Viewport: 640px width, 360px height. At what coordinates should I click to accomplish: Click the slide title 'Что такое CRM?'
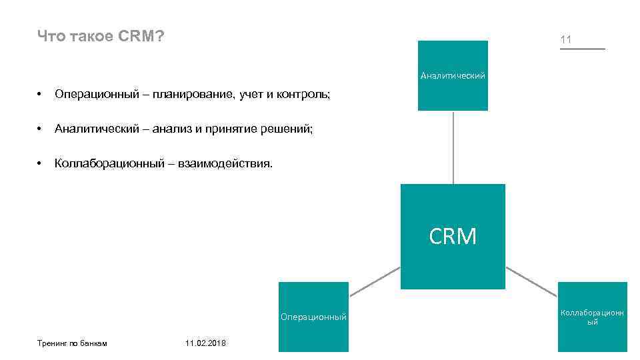(101, 36)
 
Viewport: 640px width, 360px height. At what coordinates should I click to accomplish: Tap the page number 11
(566, 40)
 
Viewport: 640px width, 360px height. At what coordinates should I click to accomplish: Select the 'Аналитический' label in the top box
(453, 76)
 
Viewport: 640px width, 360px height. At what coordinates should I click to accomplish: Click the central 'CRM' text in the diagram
(453, 237)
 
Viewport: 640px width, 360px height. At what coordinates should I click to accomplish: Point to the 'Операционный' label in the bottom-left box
(313, 317)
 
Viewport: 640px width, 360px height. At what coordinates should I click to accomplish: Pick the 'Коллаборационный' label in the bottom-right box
(592, 317)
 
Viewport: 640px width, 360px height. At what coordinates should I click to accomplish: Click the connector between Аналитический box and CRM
(453, 147)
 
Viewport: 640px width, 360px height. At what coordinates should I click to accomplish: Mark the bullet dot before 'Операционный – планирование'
(41, 95)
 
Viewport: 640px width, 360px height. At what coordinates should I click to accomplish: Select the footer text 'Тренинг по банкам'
(72, 343)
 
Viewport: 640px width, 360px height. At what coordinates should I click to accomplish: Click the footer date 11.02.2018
(205, 343)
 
